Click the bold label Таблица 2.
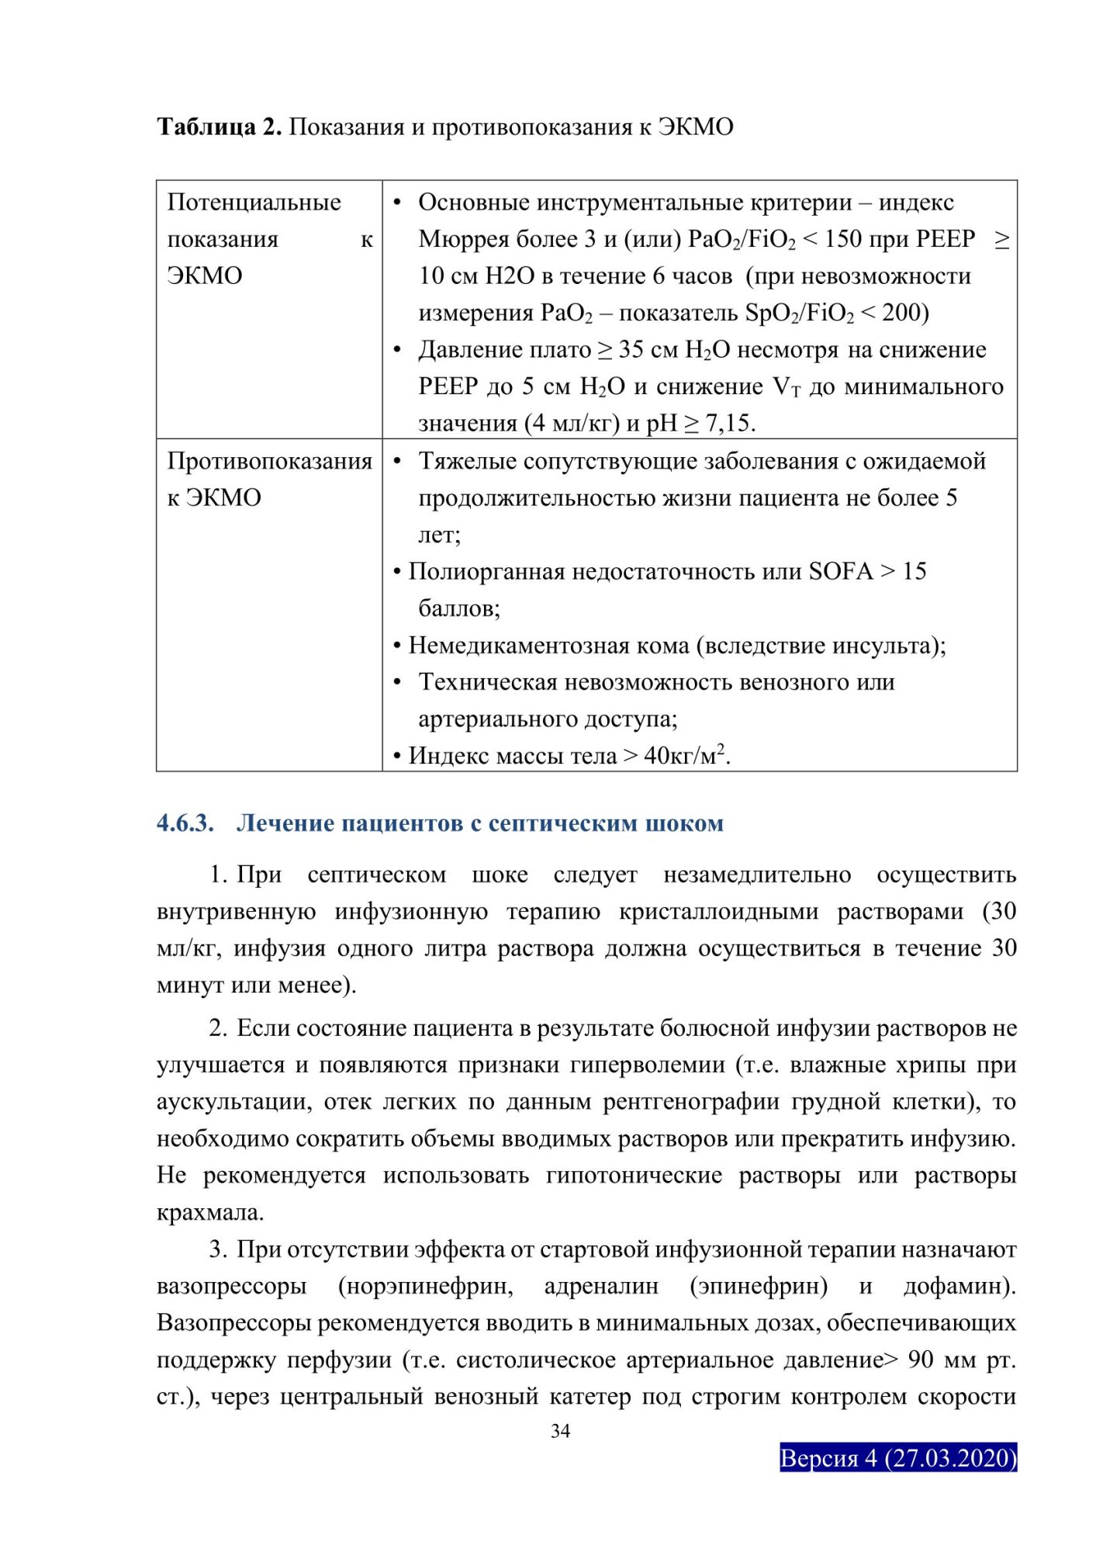(x=219, y=126)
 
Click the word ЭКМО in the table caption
(x=695, y=126)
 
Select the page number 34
(x=560, y=1431)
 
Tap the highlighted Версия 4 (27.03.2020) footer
(x=897, y=1457)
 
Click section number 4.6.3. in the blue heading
(x=185, y=823)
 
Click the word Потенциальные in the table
(x=254, y=203)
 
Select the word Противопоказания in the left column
(x=269, y=461)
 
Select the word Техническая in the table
(x=492, y=682)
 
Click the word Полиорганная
(x=486, y=571)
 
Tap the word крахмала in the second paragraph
(x=209, y=1212)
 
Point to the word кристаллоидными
(x=718, y=911)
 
